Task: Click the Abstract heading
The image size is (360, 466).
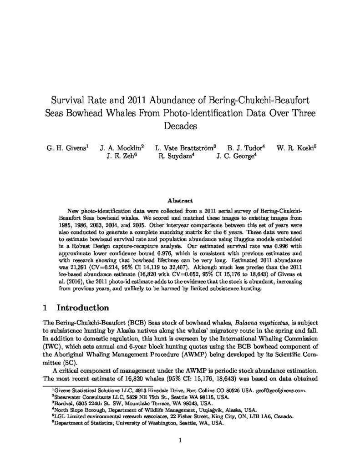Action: tap(180, 200)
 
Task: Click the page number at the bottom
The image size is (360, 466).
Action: tap(180, 440)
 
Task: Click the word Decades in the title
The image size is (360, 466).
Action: tap(180, 126)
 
